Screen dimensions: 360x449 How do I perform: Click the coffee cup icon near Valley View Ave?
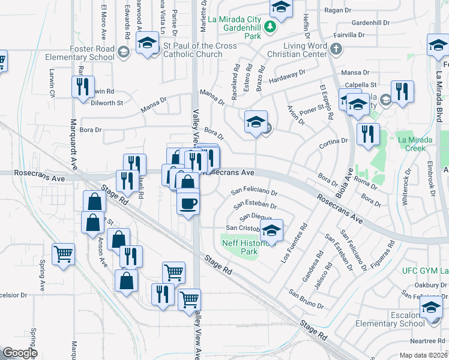(188, 203)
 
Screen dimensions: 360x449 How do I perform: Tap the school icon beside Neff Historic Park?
(271, 230)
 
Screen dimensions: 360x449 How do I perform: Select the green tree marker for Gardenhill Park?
(271, 26)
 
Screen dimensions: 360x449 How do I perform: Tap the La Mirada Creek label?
(415, 144)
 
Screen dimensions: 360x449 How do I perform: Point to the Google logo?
(20, 352)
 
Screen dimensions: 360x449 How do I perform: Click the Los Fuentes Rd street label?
(295, 242)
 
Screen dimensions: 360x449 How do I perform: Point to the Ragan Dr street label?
(337, 10)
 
